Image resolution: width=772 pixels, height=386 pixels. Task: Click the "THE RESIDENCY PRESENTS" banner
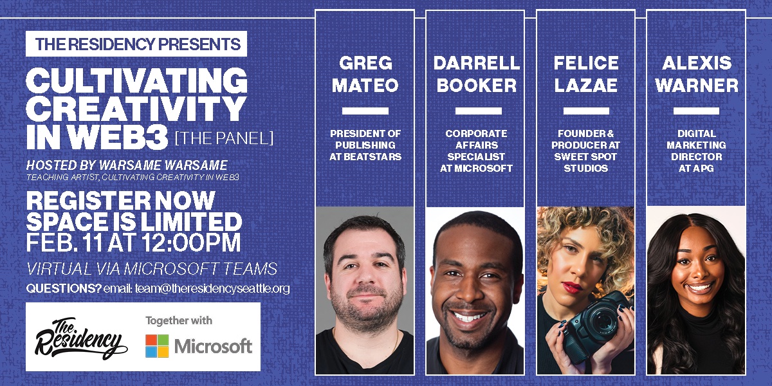click(137, 44)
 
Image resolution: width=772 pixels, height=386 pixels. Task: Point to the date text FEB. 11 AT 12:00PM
click(134, 243)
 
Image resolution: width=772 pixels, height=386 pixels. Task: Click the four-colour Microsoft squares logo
click(157, 346)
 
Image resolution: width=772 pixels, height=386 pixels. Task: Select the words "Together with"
click(179, 320)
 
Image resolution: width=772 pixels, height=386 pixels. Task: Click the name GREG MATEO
click(365, 74)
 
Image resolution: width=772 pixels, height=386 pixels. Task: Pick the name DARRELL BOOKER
click(475, 74)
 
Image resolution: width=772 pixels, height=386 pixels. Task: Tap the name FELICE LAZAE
click(585, 74)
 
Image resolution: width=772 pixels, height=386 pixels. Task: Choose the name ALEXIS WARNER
click(696, 74)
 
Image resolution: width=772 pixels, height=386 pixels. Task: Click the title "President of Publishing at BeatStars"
click(365, 145)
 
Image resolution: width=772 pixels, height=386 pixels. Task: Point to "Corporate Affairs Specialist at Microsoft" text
click(475, 151)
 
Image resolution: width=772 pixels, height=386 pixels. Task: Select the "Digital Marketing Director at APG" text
click(696, 151)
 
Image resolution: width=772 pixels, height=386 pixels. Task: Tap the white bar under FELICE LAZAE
click(585, 111)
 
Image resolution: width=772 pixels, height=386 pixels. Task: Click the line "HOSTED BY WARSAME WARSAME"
click(127, 165)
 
